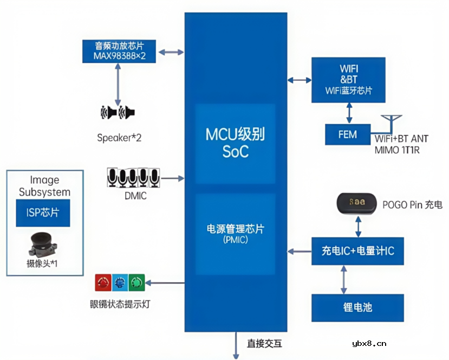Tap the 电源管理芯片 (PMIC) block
235,234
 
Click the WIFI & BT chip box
348,79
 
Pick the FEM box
348,134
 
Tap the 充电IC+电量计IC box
357,252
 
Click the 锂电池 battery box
357,307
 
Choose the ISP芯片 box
44,213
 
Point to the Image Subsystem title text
44,186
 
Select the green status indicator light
137,282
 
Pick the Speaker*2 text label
119,138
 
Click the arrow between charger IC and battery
343,279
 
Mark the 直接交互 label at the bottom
264,343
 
